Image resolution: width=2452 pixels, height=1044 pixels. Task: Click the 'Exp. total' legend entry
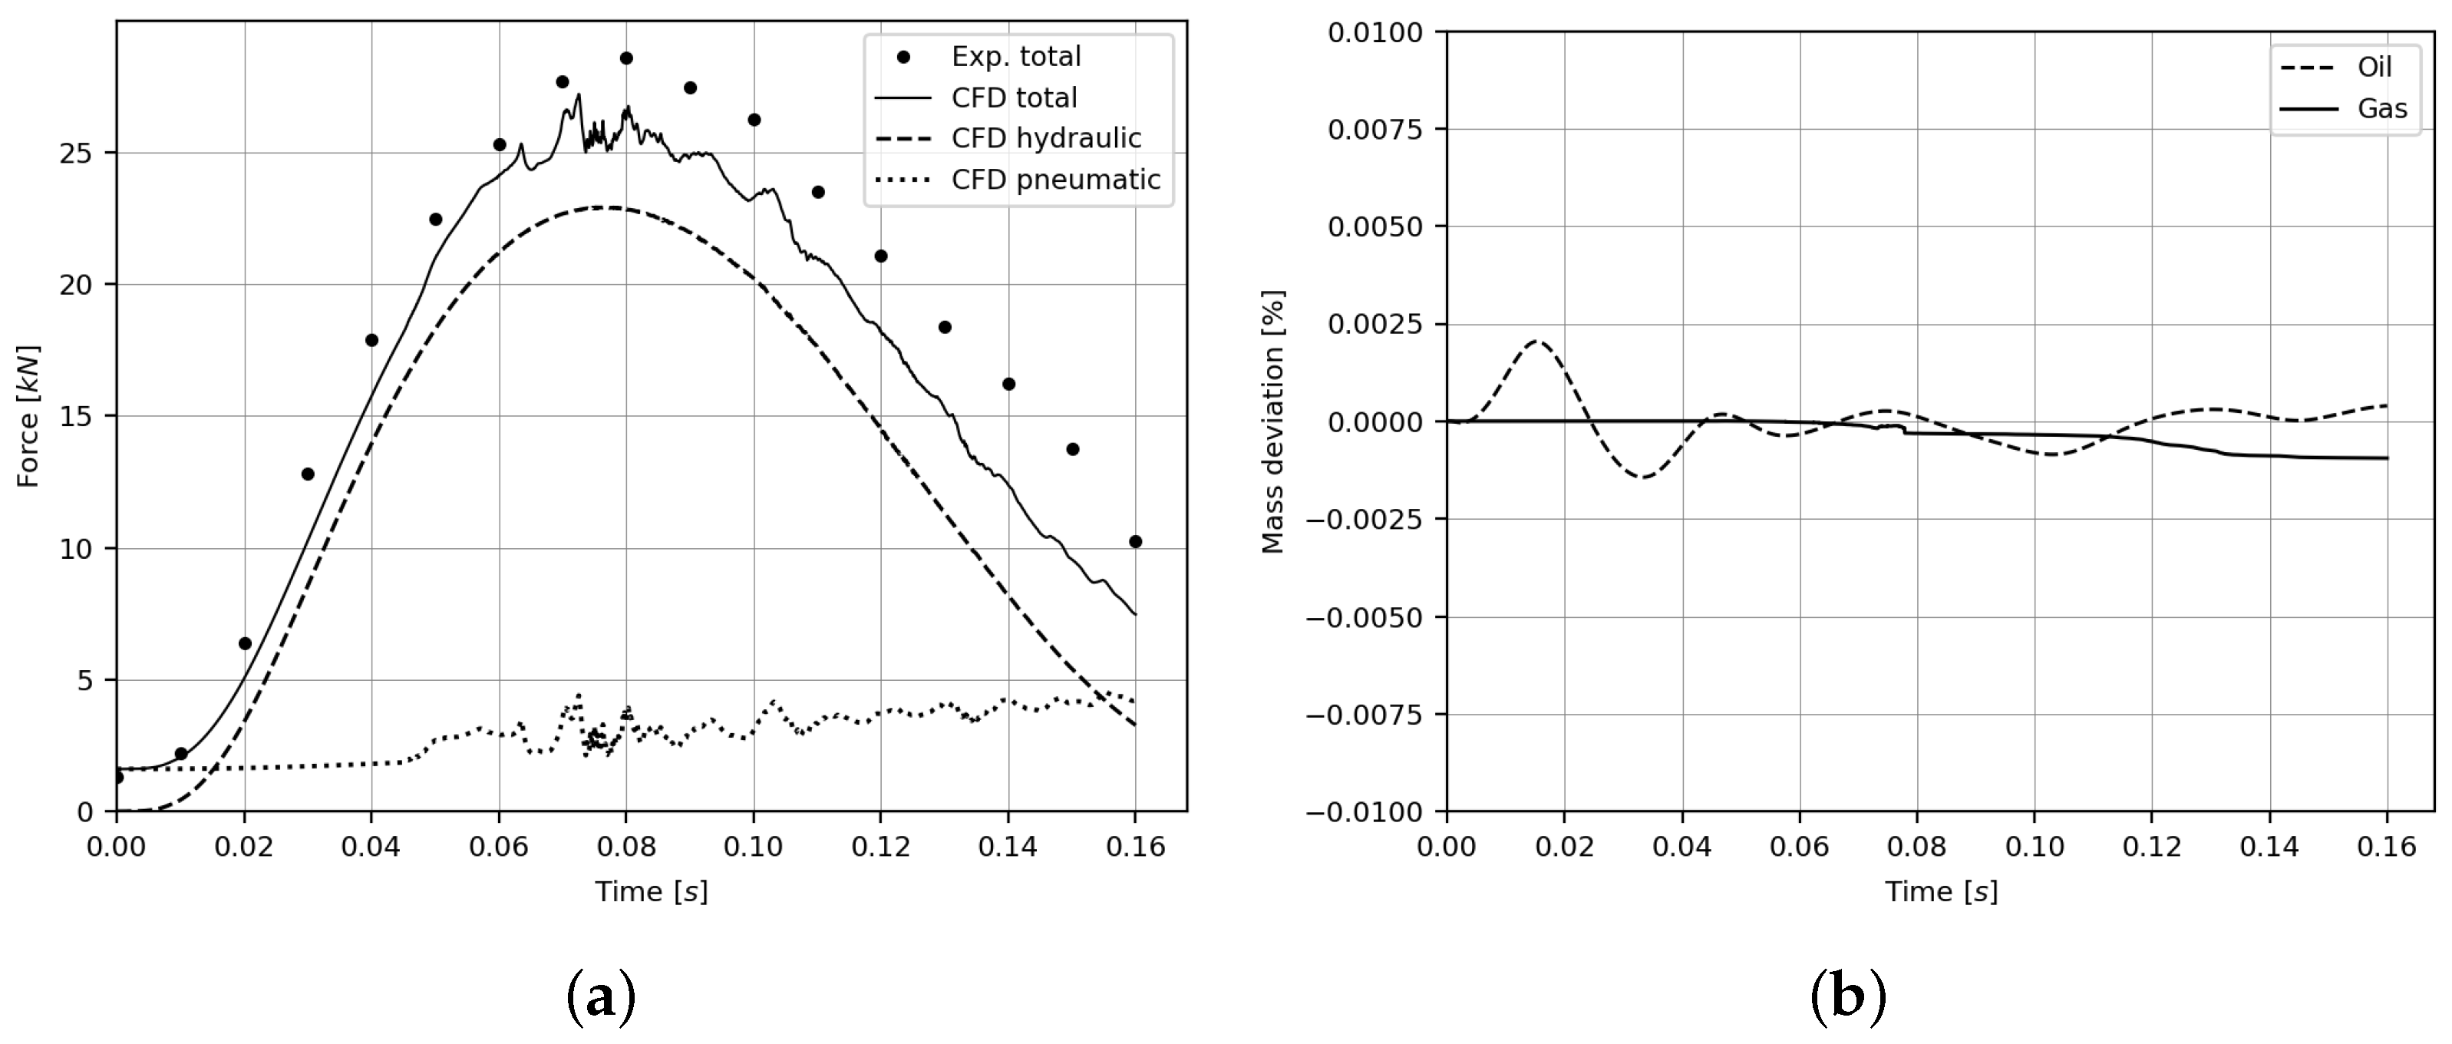[1015, 57]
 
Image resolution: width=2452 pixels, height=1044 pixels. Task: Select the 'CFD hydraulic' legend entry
[1045, 139]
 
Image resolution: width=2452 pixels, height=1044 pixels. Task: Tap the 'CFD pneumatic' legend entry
[1054, 180]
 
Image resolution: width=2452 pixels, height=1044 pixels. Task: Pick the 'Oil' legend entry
[2374, 68]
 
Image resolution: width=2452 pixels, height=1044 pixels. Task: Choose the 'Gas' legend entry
[2381, 108]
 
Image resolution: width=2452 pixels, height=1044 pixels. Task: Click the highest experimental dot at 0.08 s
[626, 58]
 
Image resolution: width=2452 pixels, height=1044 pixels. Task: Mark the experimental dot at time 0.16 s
[1134, 541]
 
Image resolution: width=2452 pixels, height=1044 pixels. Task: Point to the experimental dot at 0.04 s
[371, 341]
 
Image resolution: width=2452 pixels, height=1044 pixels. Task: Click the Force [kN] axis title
[28, 416]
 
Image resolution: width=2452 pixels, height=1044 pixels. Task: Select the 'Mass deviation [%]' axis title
[1272, 421]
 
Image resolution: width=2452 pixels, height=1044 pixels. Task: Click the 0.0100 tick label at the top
[1375, 32]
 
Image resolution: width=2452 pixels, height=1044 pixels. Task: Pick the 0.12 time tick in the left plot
[880, 847]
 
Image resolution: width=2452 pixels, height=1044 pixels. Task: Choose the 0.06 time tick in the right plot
[1799, 847]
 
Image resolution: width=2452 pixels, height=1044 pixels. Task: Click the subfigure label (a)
[601, 997]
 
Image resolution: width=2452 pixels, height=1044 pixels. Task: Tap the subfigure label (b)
[1847, 997]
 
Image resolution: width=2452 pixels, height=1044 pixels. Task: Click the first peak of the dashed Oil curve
[1536, 341]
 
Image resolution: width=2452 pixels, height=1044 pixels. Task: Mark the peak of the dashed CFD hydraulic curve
[606, 206]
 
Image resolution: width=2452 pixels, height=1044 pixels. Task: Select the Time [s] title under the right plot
[1941, 892]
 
